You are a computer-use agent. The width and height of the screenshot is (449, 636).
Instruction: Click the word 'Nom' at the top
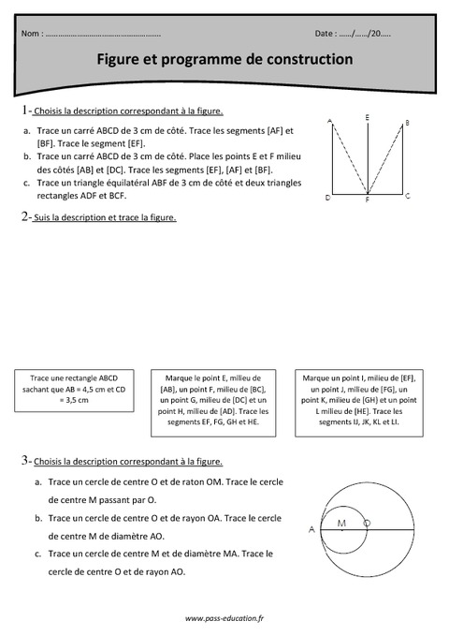click(x=30, y=34)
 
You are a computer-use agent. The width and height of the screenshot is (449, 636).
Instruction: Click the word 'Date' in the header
click(x=326, y=34)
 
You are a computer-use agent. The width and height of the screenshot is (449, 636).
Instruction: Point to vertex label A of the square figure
click(x=329, y=122)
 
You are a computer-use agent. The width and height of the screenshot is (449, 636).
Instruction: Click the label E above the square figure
click(x=367, y=116)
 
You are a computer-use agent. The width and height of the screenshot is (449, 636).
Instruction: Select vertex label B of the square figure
click(x=407, y=122)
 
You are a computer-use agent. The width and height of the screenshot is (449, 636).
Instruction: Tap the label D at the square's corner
click(x=326, y=198)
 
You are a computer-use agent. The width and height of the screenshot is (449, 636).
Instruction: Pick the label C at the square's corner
click(x=408, y=197)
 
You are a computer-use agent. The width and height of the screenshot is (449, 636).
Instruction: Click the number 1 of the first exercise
click(x=23, y=111)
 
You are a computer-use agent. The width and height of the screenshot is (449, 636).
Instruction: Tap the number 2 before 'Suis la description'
click(x=23, y=217)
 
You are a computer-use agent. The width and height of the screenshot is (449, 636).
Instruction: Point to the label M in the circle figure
click(x=341, y=523)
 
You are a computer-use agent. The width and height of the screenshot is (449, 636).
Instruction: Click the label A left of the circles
click(x=311, y=530)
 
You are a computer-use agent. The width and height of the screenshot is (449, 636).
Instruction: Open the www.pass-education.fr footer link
click(x=224, y=618)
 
